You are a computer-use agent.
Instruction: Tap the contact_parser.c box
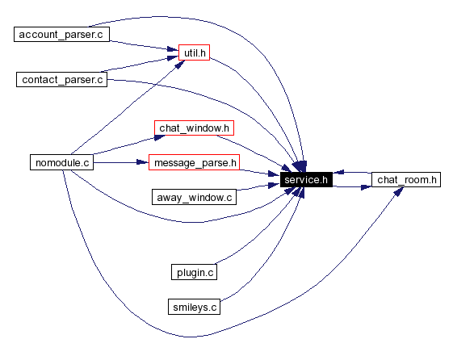coord(62,79)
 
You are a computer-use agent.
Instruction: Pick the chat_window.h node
coord(195,128)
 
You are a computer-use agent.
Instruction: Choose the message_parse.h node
coord(195,162)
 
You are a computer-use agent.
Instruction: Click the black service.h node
coord(305,180)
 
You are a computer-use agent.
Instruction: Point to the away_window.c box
coord(194,196)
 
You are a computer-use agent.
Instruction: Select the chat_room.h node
coord(406,180)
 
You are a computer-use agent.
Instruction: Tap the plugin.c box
coord(195,272)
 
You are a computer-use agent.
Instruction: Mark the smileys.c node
coord(194,307)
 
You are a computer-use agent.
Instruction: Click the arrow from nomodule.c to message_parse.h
coord(121,162)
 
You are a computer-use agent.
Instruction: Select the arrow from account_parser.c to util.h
coord(141,44)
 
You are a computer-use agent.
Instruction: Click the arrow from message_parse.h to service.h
coord(258,172)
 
